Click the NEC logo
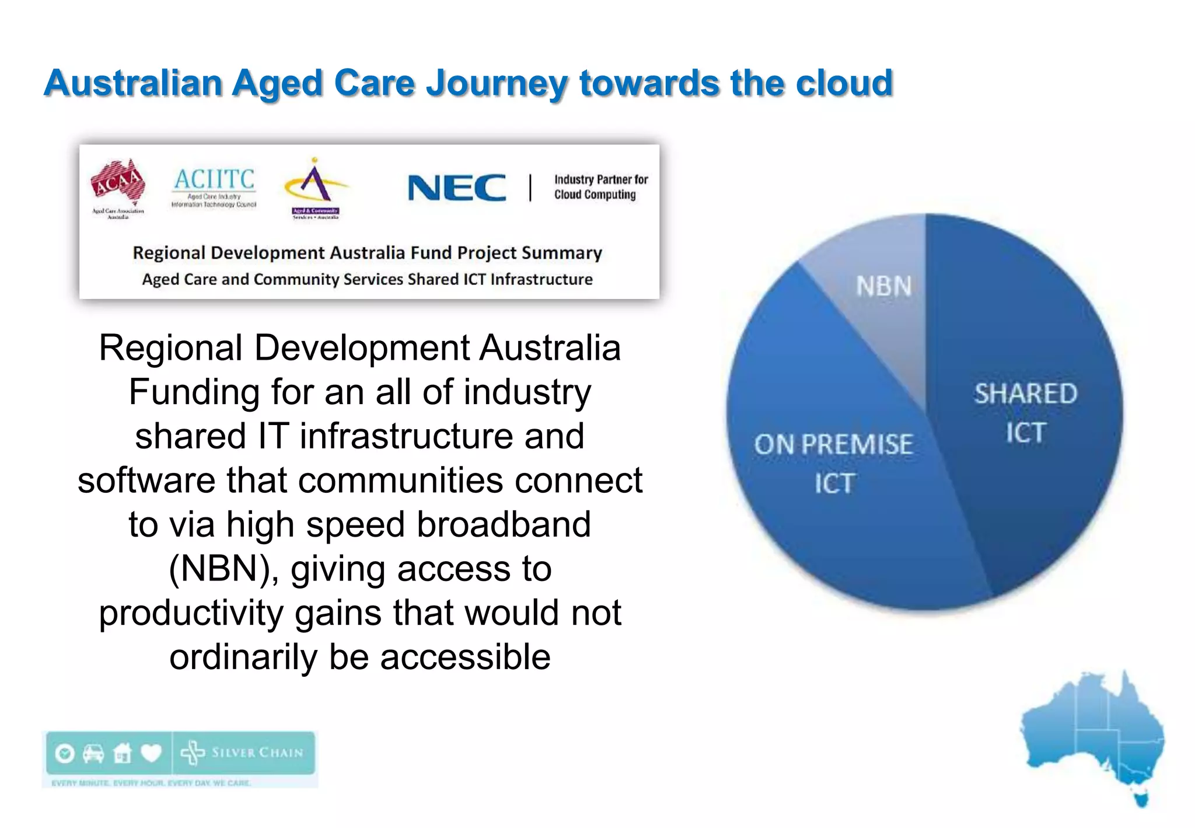click(457, 188)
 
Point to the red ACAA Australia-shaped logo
click(118, 182)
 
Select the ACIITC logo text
click(214, 179)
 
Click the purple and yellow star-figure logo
click(316, 184)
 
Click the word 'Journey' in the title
click(497, 82)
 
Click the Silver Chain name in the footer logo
click(257, 753)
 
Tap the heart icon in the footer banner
click(151, 753)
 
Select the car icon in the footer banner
click(93, 753)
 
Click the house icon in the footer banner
click(122, 753)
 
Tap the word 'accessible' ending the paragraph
click(465, 657)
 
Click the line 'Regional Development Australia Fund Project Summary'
click(367, 253)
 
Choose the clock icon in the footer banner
click(65, 753)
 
